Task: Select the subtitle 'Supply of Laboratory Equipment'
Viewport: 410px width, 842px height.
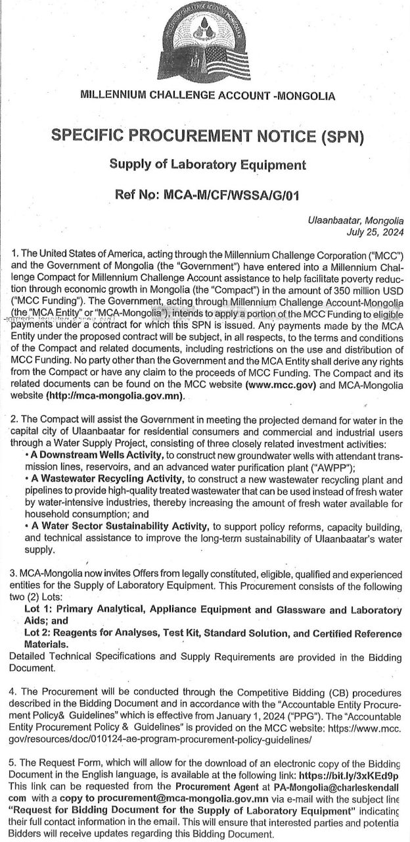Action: pyautogui.click(x=207, y=165)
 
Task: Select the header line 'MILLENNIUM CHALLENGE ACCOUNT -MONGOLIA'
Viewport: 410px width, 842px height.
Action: pyautogui.click(x=207, y=95)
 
